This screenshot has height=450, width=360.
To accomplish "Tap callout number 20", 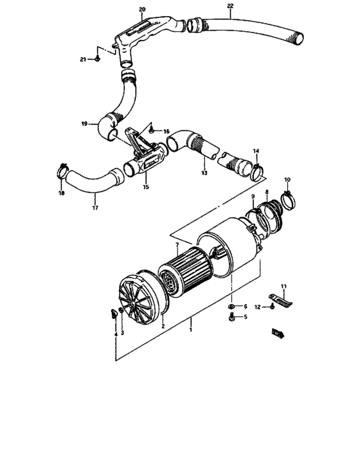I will (142, 9).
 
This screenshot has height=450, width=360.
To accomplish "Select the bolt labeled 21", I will (96, 59).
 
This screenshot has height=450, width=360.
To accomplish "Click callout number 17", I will (94, 208).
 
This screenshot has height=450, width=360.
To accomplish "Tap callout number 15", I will (145, 187).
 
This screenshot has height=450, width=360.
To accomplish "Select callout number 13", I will (204, 173).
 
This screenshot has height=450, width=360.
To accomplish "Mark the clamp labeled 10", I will (288, 196).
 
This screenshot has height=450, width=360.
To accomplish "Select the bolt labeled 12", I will (273, 308).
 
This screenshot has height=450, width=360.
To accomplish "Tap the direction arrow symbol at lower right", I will (277, 332).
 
